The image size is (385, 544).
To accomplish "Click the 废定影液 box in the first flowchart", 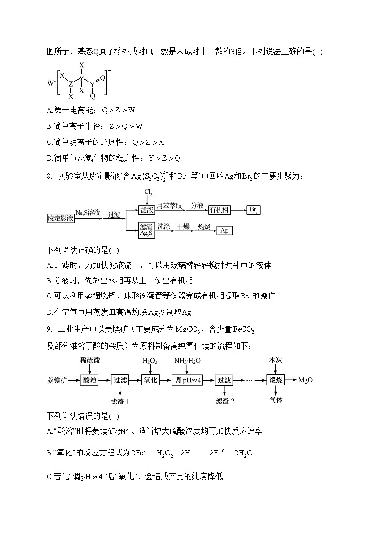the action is (x=61, y=218).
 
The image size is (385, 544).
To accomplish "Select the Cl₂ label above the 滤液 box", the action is (x=148, y=193).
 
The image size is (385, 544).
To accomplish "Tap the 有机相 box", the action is (x=219, y=210).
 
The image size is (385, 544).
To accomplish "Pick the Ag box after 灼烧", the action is (x=224, y=231).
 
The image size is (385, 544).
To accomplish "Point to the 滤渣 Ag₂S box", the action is (x=146, y=229).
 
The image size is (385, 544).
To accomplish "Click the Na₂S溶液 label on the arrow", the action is (x=88, y=212).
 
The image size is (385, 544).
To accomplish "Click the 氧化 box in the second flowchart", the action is (x=150, y=380).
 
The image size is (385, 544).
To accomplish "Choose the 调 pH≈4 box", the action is (x=187, y=380).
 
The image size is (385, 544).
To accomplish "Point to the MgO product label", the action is (x=305, y=380).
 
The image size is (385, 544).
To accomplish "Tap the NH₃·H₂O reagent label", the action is (x=188, y=361).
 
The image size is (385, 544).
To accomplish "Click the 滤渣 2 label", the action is (x=225, y=401).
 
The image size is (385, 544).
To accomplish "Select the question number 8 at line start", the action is (x=49, y=176).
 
